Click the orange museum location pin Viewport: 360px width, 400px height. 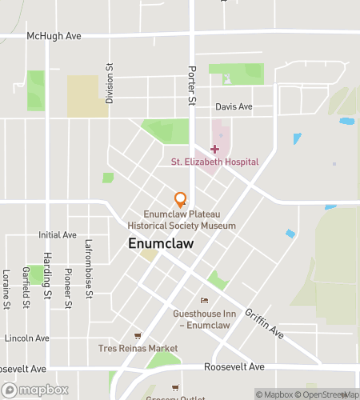click(x=181, y=199)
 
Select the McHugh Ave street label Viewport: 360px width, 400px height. click(x=54, y=36)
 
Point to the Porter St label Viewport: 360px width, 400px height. click(x=191, y=85)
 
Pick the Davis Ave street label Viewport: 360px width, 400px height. click(x=234, y=106)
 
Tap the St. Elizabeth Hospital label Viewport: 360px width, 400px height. click(x=215, y=162)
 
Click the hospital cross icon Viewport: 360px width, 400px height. click(x=214, y=149)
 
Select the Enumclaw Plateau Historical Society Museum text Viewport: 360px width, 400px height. click(x=190, y=220)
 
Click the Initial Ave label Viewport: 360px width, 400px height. click(x=57, y=235)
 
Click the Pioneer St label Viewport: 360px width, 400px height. click(x=68, y=289)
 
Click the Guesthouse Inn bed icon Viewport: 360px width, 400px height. click(x=204, y=301)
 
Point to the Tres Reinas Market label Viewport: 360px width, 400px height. click(x=138, y=348)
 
